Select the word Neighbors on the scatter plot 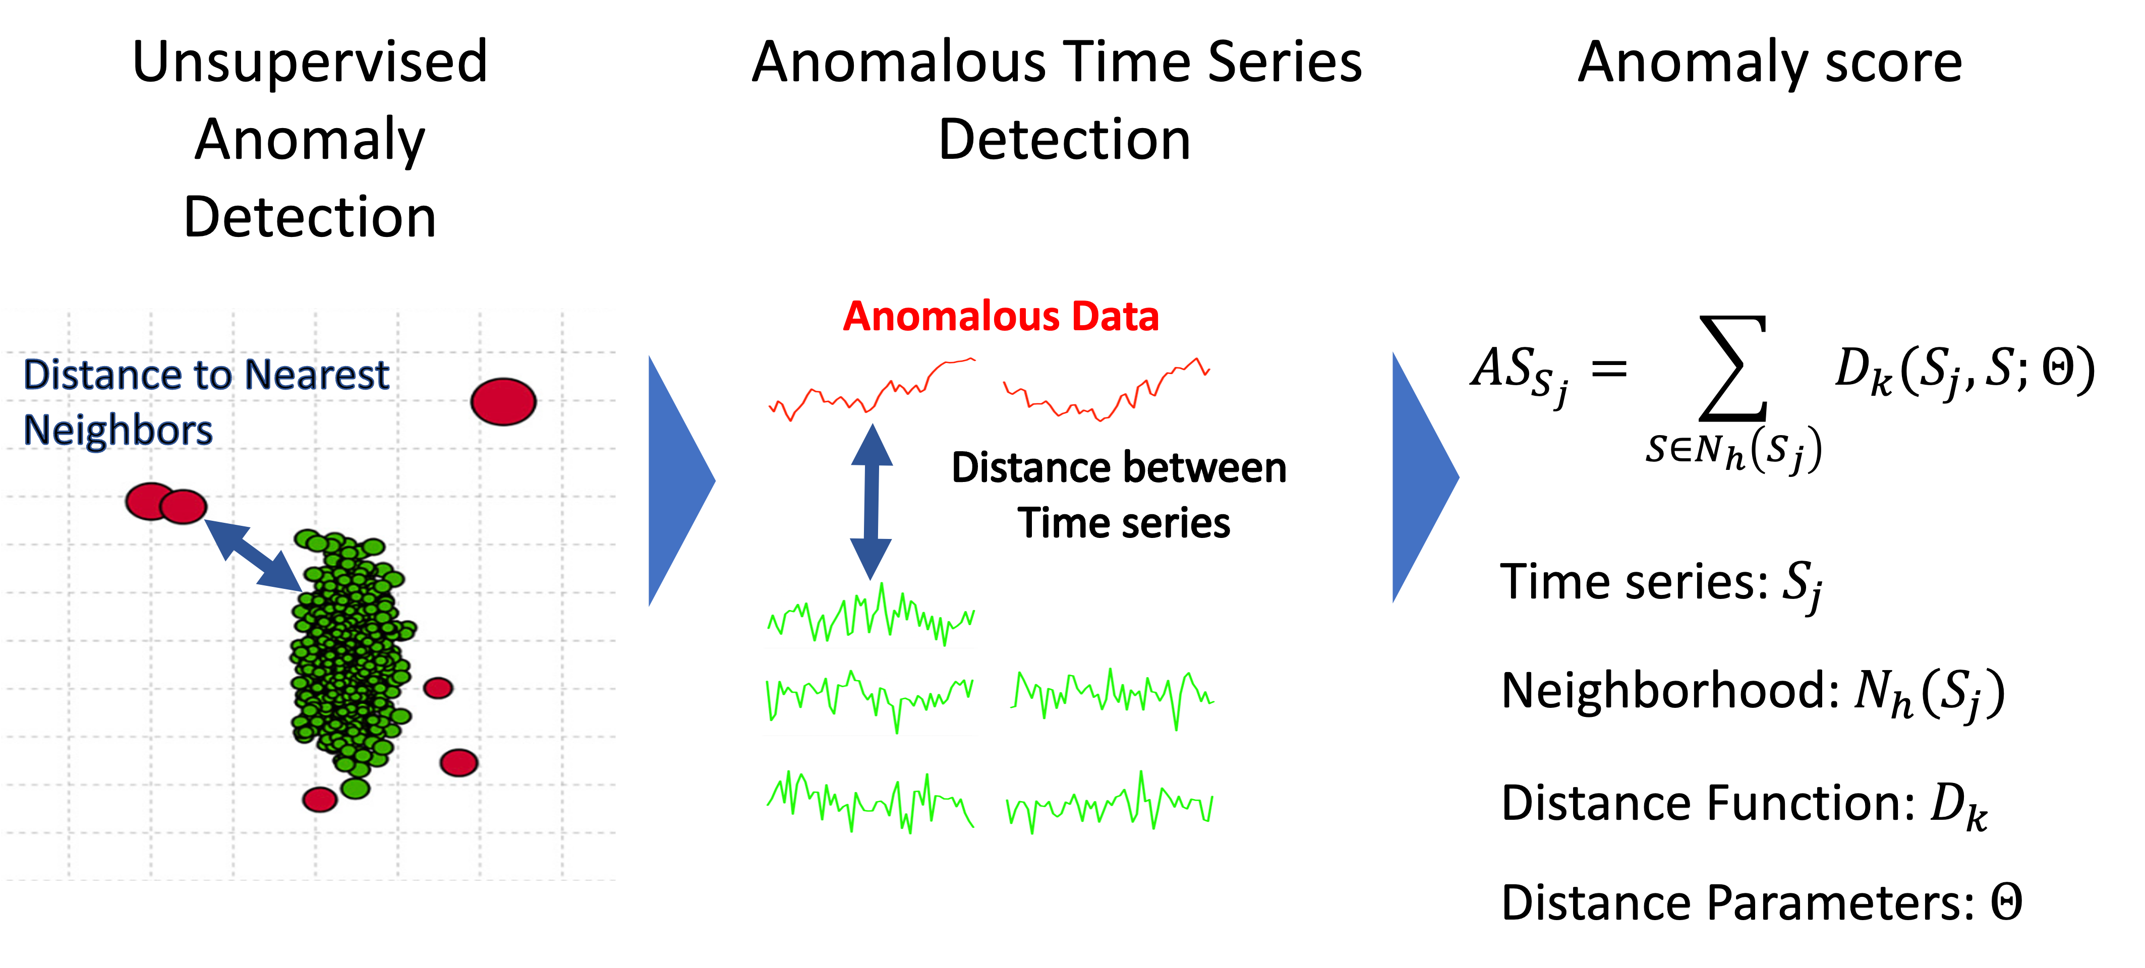[118, 431]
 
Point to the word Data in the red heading [1116, 317]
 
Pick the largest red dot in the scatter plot [503, 401]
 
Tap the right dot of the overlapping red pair [184, 506]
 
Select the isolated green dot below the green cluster [356, 788]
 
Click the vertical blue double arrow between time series [871, 502]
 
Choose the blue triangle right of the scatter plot [679, 480]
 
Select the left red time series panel [872, 390]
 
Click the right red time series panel [1106, 390]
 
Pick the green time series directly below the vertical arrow [870, 614]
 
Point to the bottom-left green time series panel [870, 802]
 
